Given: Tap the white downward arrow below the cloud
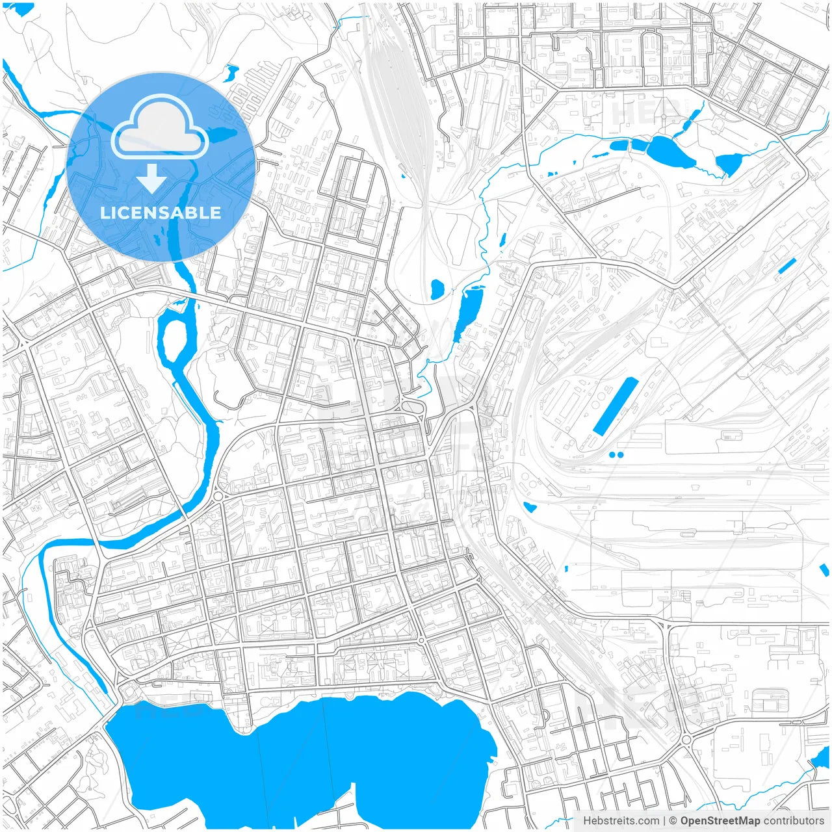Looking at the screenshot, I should (151, 179).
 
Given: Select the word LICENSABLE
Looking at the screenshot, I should (160, 213).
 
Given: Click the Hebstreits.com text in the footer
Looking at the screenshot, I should (621, 821).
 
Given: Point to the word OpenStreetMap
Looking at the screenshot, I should (720, 821).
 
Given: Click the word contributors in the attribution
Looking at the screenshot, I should (794, 821).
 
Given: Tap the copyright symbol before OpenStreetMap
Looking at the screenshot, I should (673, 821).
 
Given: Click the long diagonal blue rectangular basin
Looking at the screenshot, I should (615, 407).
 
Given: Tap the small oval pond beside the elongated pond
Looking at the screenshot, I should (437, 289).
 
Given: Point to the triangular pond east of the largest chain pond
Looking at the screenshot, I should (729, 164).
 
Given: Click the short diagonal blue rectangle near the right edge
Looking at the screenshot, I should (786, 265).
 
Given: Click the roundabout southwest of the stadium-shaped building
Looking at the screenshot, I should (686, 740).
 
